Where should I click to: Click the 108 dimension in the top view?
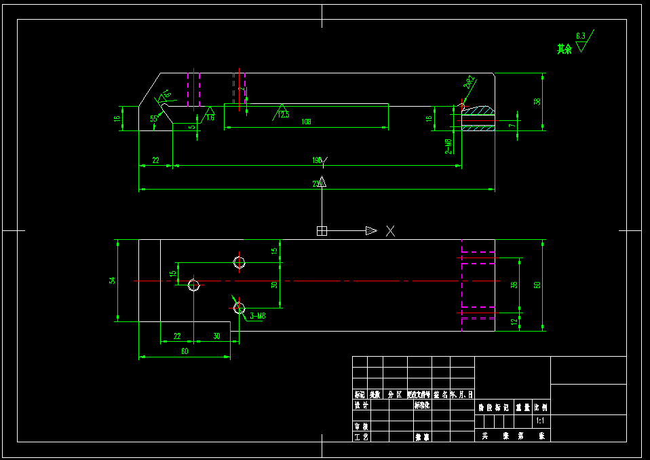[305, 122]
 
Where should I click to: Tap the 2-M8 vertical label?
[448, 145]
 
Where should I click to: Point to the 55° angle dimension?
[154, 119]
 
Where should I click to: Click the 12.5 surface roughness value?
[283, 115]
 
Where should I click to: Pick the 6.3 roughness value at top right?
[580, 35]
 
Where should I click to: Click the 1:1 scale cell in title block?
[541, 421]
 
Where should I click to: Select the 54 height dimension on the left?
[113, 280]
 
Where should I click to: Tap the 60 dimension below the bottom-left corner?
[184, 351]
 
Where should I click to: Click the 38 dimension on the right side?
[537, 101]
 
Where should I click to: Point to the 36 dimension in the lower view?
[514, 284]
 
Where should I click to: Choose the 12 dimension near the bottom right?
[514, 322]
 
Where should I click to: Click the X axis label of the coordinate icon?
[390, 231]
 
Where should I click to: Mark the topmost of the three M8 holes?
[239, 262]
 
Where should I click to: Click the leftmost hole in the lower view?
[193, 285]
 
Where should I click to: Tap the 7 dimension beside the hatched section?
[513, 125]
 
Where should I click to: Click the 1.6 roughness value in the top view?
[210, 118]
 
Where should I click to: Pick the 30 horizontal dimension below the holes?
[216, 336]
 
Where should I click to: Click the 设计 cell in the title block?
[361, 405]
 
